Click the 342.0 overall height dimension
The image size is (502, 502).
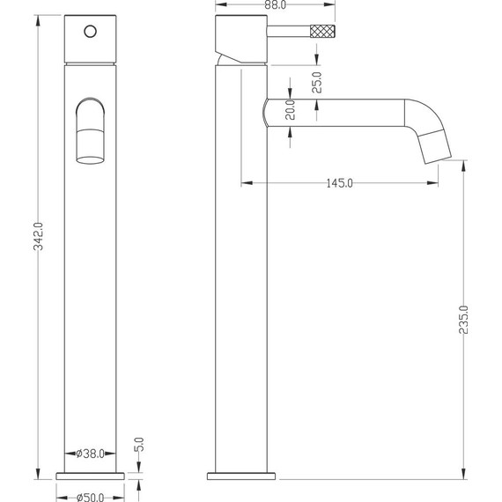click(39, 236)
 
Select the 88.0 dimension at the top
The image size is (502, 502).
click(276, 4)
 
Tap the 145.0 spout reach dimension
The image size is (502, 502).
click(339, 183)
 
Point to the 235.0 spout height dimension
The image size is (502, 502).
click(463, 320)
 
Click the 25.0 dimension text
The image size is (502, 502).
click(317, 82)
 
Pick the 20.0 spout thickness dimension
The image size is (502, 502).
click(290, 109)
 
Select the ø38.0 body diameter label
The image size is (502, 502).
click(90, 454)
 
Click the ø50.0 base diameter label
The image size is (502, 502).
click(90, 498)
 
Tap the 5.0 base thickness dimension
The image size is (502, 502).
click(139, 445)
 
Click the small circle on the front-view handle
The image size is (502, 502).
click(91, 32)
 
